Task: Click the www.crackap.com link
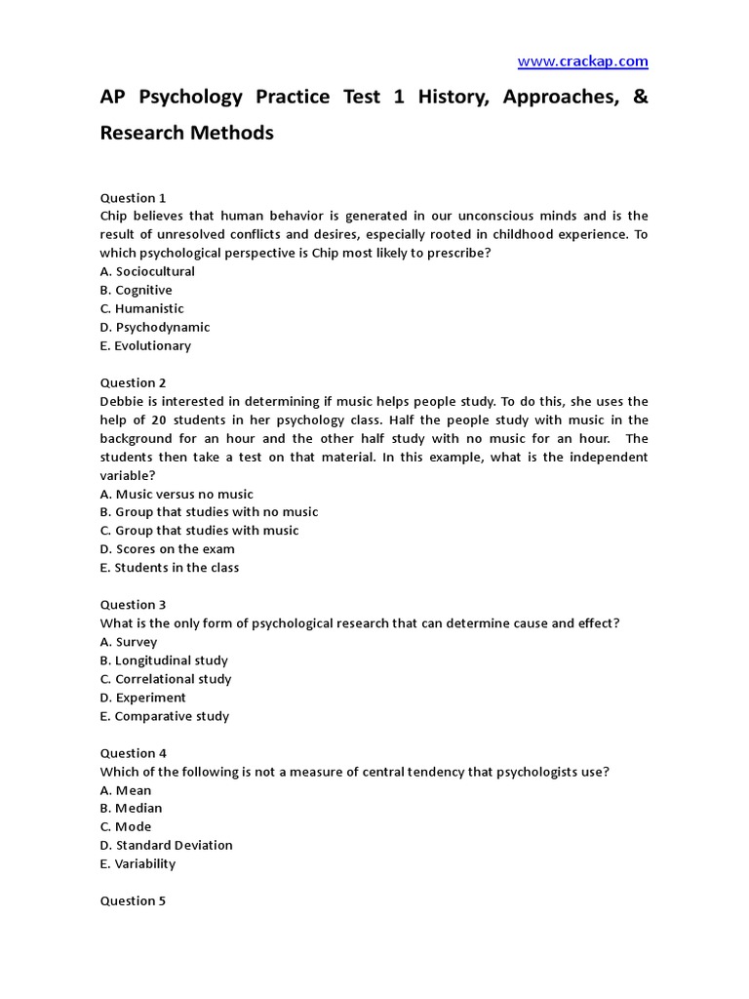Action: point(582,61)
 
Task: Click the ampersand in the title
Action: point(639,99)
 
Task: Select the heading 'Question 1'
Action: point(134,197)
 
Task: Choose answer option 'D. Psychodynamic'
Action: point(155,327)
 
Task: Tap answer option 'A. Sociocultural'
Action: point(147,271)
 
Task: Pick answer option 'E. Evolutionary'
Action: point(145,345)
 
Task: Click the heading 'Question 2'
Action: point(134,382)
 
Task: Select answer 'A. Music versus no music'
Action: point(177,494)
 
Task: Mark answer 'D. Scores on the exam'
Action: point(167,548)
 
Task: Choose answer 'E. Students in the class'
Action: point(170,567)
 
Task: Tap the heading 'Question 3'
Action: point(134,604)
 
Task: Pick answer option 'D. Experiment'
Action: point(143,698)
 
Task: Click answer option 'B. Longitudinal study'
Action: point(164,660)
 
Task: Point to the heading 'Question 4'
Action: point(134,753)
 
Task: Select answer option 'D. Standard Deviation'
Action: point(167,845)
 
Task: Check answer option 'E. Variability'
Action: point(138,863)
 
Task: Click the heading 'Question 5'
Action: point(134,900)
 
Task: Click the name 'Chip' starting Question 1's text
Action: point(114,216)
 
